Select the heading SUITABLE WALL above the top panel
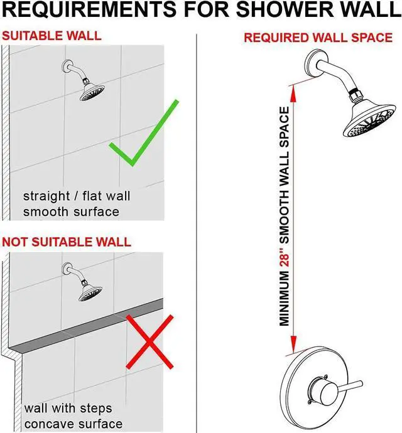click(x=52, y=35)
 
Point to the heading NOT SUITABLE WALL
click(x=67, y=242)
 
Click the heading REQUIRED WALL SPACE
click(x=318, y=38)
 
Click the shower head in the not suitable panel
click(x=91, y=291)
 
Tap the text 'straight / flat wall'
click(x=77, y=196)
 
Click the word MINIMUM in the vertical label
click(x=285, y=301)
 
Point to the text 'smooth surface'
click(x=71, y=211)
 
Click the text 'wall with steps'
click(x=70, y=408)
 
